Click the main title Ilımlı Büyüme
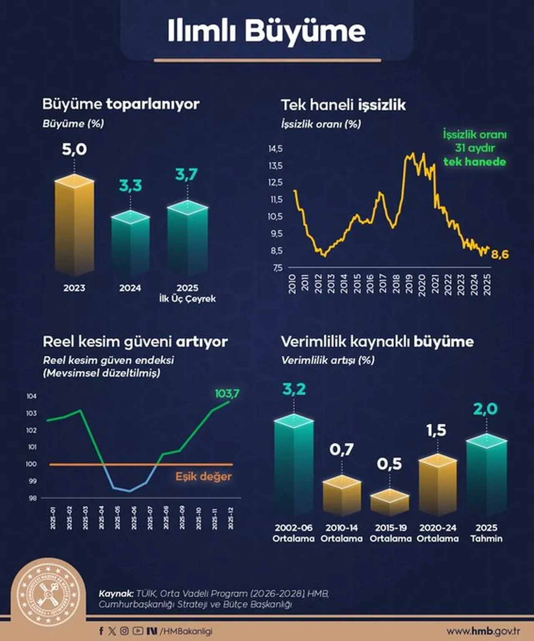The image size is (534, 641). click(x=267, y=30)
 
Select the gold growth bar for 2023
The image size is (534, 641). click(x=74, y=225)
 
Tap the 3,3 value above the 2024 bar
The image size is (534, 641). click(x=131, y=185)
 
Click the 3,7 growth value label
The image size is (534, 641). click(x=186, y=174)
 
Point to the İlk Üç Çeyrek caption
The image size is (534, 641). click(x=187, y=299)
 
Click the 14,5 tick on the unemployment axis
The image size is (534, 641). click(x=275, y=149)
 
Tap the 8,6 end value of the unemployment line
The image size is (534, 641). click(x=500, y=254)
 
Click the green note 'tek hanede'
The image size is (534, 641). click(x=475, y=162)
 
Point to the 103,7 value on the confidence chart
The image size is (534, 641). click(x=227, y=393)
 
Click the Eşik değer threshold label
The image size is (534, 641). click(x=203, y=476)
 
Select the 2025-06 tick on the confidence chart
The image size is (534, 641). click(x=134, y=518)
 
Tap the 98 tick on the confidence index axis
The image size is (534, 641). click(x=33, y=498)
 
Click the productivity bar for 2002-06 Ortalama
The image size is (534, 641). click(x=294, y=464)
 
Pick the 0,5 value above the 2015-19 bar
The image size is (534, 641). click(x=389, y=464)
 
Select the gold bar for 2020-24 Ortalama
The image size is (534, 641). click(x=438, y=484)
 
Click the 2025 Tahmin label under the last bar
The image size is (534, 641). click(x=486, y=533)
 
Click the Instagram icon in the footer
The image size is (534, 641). click(x=124, y=631)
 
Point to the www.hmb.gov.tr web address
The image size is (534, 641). click(x=483, y=631)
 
